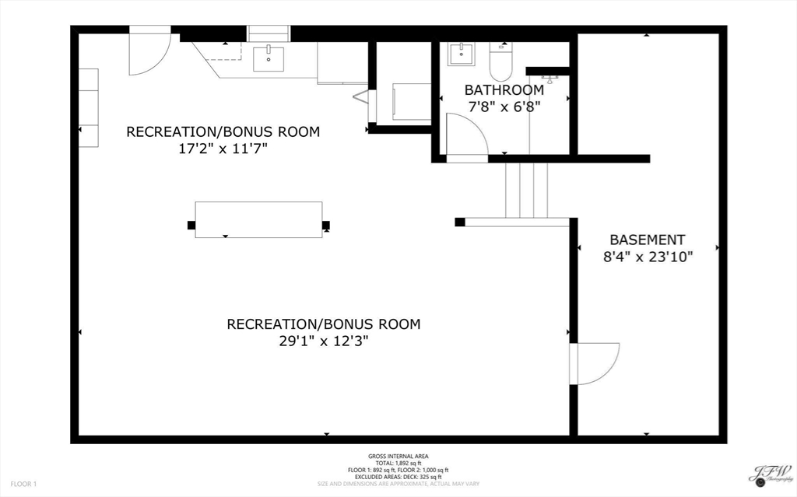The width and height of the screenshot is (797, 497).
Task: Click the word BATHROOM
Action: coord(504,90)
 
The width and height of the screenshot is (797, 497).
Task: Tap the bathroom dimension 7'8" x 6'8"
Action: coord(504,107)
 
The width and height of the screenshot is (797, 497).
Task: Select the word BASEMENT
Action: coord(647,240)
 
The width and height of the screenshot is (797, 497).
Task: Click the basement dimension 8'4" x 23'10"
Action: coord(647,257)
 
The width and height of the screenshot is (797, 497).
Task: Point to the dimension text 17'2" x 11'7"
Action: coord(223,149)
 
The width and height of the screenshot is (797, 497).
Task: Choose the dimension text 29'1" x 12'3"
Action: coord(323,341)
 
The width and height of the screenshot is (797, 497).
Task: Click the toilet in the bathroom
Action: coord(500,61)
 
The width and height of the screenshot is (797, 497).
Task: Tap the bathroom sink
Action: coord(460,54)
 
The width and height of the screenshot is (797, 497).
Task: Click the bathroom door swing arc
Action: coord(467,136)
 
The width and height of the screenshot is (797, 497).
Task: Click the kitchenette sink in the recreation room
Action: coord(269,57)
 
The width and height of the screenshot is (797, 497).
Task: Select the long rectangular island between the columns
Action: coord(258,219)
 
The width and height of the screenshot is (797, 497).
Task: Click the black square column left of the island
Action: coord(191,226)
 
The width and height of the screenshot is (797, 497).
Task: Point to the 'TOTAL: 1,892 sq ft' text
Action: coord(398,464)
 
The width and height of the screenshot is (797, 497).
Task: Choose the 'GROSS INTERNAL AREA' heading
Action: coord(398,457)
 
